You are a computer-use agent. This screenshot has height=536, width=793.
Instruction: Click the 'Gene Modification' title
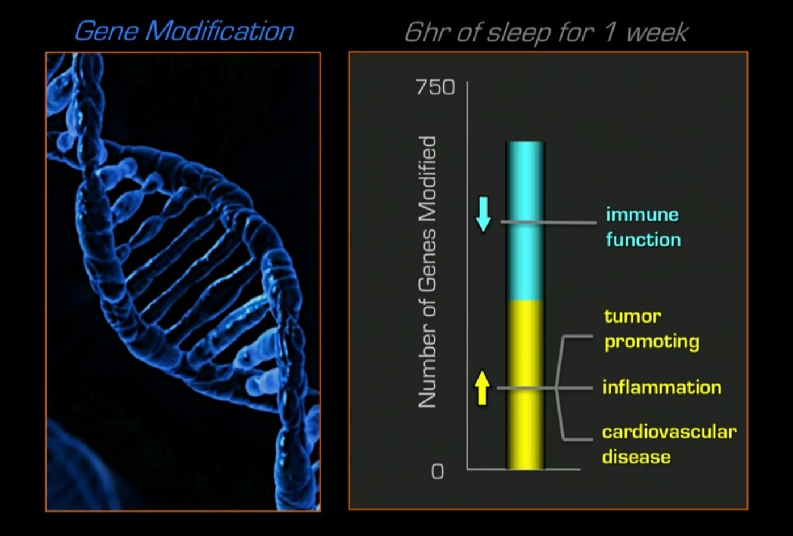click(x=184, y=31)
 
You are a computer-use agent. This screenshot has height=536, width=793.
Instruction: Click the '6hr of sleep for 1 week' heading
click(x=546, y=32)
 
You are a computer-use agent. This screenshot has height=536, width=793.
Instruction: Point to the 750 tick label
click(x=435, y=87)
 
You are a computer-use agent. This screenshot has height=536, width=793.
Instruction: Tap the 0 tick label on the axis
click(x=437, y=471)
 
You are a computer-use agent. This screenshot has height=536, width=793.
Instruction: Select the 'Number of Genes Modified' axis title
click(x=427, y=271)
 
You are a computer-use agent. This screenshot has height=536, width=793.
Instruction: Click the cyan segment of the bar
click(x=525, y=221)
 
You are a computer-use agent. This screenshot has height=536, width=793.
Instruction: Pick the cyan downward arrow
click(x=483, y=214)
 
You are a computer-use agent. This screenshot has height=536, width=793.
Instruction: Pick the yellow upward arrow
click(x=482, y=387)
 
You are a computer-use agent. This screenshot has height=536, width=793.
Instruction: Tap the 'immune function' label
click(x=643, y=227)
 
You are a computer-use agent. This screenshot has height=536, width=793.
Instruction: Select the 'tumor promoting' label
click(x=651, y=329)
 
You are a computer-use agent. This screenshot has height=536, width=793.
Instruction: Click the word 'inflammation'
click(x=662, y=388)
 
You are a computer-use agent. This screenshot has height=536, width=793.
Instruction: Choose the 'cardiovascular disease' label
click(x=669, y=444)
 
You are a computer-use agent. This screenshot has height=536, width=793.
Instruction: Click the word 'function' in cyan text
click(x=643, y=240)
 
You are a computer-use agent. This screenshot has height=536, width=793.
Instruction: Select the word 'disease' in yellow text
click(x=636, y=457)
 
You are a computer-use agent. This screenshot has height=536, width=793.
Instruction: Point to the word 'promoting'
click(x=652, y=342)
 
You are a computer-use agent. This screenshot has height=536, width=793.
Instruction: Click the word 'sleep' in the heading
click(x=519, y=33)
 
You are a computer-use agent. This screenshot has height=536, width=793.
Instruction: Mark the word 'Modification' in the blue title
click(x=220, y=31)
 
